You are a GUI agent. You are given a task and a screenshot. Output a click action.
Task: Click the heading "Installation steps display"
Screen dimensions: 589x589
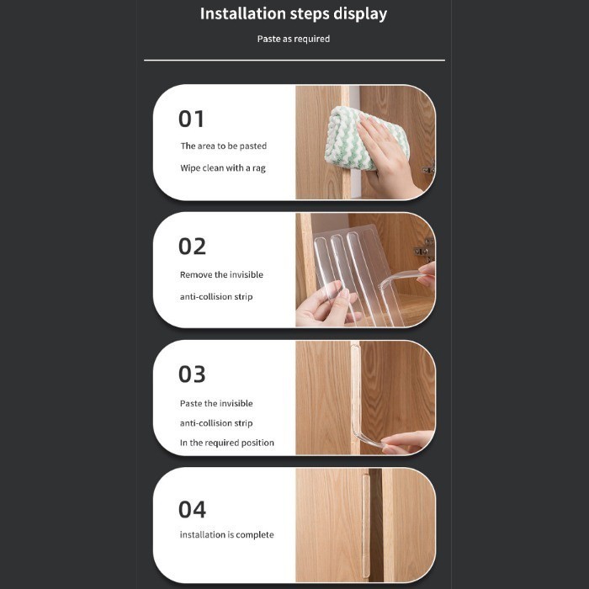click(293, 13)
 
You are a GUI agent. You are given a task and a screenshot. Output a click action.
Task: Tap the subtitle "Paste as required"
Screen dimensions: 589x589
click(293, 39)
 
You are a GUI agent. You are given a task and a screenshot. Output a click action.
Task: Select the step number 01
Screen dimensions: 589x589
click(192, 119)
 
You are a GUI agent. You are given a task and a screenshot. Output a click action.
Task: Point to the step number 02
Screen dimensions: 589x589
click(192, 247)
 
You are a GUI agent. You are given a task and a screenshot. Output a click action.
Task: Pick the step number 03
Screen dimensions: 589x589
click(192, 374)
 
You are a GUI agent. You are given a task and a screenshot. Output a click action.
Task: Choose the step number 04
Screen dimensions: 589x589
click(192, 509)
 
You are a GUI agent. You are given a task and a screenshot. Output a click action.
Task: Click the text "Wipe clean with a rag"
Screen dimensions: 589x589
click(222, 168)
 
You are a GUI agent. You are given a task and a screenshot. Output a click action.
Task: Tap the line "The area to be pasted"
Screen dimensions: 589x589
click(223, 146)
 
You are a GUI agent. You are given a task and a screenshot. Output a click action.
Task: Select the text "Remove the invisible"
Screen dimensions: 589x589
click(221, 275)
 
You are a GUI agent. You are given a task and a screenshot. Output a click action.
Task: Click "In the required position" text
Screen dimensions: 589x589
click(226, 443)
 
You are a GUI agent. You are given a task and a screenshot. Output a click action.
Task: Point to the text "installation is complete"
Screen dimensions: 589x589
click(226, 535)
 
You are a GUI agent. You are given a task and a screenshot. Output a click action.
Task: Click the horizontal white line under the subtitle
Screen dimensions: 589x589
click(293, 61)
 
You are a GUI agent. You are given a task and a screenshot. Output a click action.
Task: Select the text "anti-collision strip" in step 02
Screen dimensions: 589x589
click(216, 297)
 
